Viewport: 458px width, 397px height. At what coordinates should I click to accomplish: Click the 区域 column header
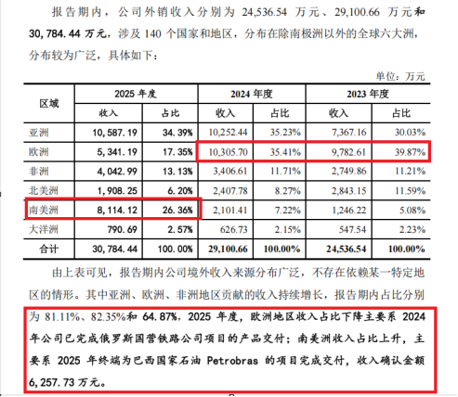(x=49, y=104)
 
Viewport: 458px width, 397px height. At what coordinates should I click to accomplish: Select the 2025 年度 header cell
(x=136, y=94)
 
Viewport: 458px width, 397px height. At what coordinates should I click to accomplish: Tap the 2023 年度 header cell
(x=368, y=94)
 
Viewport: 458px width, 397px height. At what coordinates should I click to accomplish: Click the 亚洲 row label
(x=39, y=133)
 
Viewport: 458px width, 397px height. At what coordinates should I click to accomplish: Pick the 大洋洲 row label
(x=44, y=229)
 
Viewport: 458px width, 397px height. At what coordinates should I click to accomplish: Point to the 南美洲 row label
(x=44, y=211)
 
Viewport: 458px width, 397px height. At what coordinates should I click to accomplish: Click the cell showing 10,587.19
(x=114, y=133)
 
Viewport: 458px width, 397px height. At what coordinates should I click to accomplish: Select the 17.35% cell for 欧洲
(x=177, y=152)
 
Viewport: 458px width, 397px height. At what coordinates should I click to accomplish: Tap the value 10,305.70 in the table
(x=229, y=152)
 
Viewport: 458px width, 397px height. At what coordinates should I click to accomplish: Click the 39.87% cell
(x=410, y=152)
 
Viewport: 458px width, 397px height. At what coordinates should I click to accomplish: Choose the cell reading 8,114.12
(x=117, y=211)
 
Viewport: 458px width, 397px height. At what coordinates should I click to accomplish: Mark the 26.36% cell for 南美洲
(x=177, y=211)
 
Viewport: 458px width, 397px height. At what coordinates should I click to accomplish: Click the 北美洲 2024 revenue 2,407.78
(x=230, y=191)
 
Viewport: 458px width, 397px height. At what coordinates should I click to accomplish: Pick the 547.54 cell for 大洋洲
(x=352, y=229)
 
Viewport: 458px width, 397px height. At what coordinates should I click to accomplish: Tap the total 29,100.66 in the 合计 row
(x=228, y=249)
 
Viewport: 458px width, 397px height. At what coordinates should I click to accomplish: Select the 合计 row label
(x=49, y=249)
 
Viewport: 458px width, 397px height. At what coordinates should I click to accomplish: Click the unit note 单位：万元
(x=400, y=76)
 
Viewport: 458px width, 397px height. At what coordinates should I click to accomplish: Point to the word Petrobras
(x=232, y=361)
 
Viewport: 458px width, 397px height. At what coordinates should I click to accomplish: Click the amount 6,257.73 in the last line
(x=52, y=382)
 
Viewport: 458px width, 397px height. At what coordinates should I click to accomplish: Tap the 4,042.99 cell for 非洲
(x=117, y=172)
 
